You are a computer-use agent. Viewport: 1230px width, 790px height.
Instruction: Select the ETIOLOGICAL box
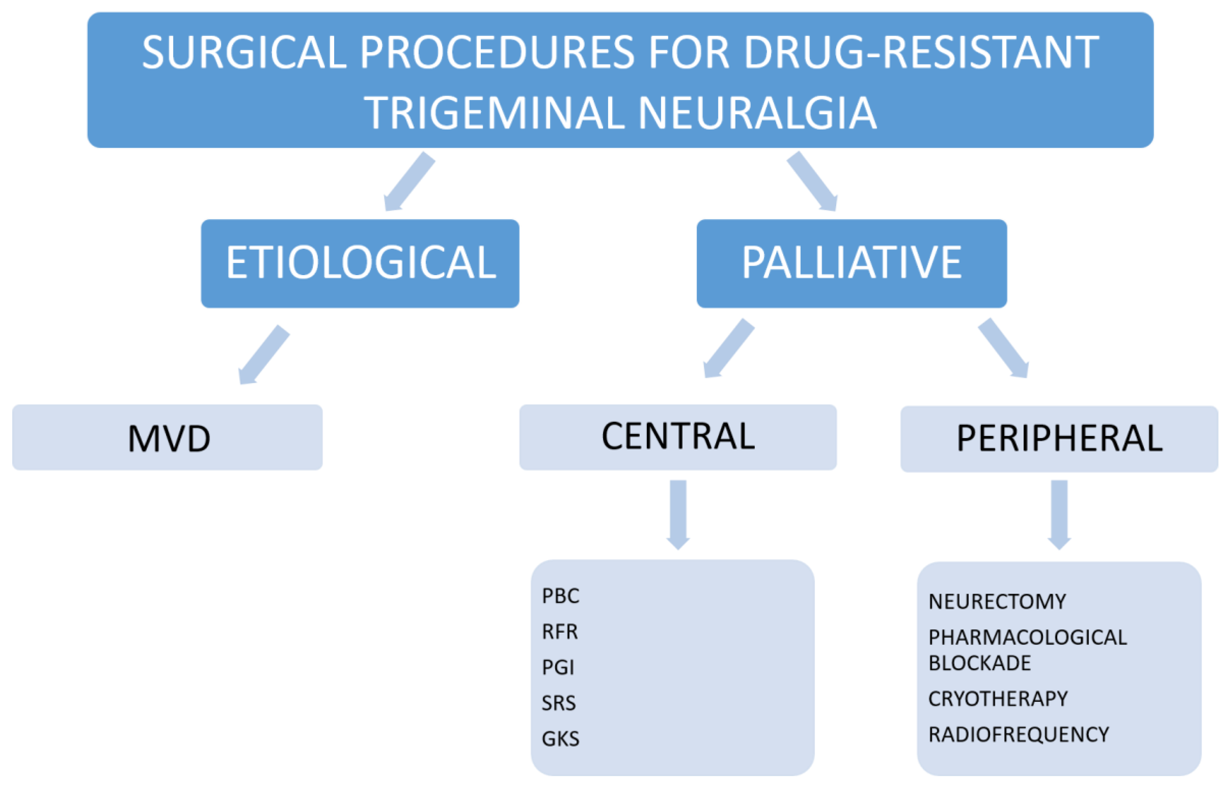click(360, 263)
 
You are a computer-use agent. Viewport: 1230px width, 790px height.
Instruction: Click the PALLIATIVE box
click(851, 263)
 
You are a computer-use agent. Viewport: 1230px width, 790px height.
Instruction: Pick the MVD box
click(167, 438)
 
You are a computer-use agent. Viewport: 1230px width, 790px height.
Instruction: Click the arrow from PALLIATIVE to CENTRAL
click(728, 349)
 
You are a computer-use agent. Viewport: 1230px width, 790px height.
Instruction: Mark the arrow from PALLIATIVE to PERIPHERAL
click(1004, 349)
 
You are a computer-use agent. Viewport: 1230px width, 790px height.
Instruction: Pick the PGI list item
click(558, 668)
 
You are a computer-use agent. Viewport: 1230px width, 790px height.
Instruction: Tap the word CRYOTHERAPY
click(998, 699)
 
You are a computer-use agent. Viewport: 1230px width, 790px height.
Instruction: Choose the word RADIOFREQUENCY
click(1018, 735)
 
